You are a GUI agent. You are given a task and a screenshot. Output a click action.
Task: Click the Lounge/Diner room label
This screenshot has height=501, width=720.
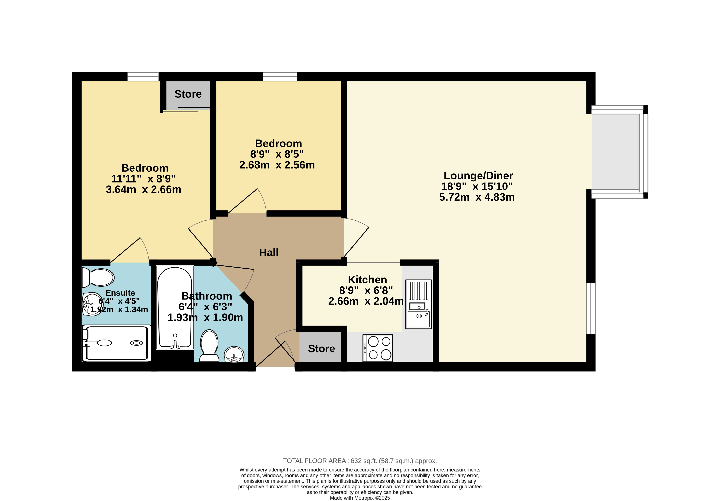478,176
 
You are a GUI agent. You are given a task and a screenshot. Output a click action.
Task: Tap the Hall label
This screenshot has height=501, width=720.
269,252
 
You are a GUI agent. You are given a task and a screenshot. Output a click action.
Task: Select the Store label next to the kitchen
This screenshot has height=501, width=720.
322,349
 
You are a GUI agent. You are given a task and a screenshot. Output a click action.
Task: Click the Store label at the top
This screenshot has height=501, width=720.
188,94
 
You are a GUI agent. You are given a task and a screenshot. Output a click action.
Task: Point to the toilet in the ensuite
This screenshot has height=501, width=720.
98,278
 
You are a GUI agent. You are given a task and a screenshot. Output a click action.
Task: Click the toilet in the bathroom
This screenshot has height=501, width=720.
209,346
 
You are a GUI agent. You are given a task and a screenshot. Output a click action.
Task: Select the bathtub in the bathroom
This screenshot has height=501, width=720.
175,307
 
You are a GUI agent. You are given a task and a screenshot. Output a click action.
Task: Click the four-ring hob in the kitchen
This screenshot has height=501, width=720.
378,348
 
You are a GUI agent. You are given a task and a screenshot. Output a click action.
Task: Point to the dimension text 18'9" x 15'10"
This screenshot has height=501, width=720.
477,186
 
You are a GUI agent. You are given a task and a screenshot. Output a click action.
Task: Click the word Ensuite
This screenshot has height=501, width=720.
121,293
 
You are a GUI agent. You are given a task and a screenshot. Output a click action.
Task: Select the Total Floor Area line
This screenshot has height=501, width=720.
360,461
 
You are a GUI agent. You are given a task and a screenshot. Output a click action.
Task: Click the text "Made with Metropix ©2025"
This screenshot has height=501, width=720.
360,498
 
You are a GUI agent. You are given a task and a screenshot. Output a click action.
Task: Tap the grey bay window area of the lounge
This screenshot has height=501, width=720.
615,152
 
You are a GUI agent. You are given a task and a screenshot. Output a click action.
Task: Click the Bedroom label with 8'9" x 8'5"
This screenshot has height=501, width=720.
278,144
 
